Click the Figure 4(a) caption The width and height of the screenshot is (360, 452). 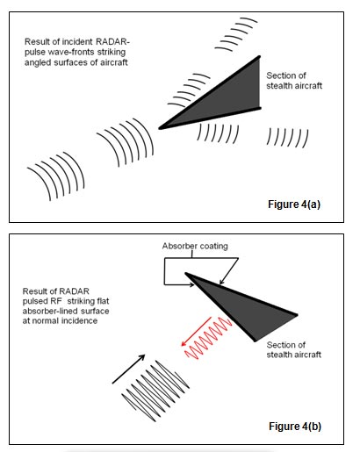(x=294, y=204)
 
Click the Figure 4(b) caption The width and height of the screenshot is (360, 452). (x=295, y=427)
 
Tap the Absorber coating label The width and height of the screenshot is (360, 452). (x=195, y=246)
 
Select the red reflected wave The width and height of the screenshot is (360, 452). (x=208, y=339)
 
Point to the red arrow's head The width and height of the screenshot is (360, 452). (x=184, y=343)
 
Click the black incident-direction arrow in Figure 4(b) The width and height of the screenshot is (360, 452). (x=129, y=369)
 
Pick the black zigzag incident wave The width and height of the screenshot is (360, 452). (x=155, y=391)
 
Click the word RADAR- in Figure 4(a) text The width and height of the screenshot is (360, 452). (x=112, y=42)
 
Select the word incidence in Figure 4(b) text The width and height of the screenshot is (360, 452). (x=79, y=320)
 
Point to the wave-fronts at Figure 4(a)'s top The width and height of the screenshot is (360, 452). (x=236, y=34)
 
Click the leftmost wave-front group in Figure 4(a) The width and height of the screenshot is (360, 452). (x=55, y=176)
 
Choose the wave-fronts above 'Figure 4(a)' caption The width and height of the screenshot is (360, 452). (x=287, y=138)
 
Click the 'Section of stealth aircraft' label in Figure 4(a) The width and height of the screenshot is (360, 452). (x=294, y=81)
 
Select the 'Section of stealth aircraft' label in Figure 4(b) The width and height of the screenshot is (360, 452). (x=294, y=350)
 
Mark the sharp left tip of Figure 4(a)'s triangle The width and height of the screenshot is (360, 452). (x=160, y=128)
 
